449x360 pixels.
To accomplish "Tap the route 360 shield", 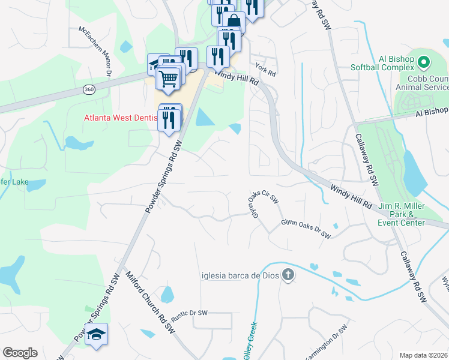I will coord(89,89).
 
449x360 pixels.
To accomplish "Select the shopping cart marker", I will coord(169,77).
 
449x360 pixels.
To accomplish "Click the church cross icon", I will coord(288,275).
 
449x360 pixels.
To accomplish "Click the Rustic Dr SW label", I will coord(188,313).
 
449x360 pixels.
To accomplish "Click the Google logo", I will coord(20,353).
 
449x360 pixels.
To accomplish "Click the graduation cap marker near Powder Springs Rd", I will coord(96,334).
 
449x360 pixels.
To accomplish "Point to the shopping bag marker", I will coord(234,22).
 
